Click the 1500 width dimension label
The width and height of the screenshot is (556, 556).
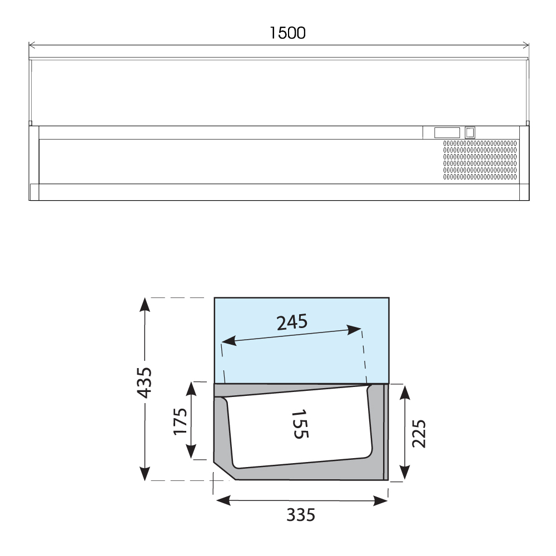click(287, 33)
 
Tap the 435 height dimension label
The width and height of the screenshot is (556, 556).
click(145, 383)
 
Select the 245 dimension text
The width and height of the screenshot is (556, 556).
click(292, 322)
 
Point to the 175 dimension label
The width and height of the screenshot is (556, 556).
click(180, 421)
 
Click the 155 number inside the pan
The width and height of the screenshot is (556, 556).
click(300, 424)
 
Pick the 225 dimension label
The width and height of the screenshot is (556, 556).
click(419, 433)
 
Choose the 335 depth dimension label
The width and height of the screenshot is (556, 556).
click(301, 515)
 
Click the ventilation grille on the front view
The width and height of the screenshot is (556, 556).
click(480, 160)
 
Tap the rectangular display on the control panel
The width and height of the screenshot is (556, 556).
click(447, 133)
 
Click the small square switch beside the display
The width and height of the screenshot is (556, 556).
click(470, 133)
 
